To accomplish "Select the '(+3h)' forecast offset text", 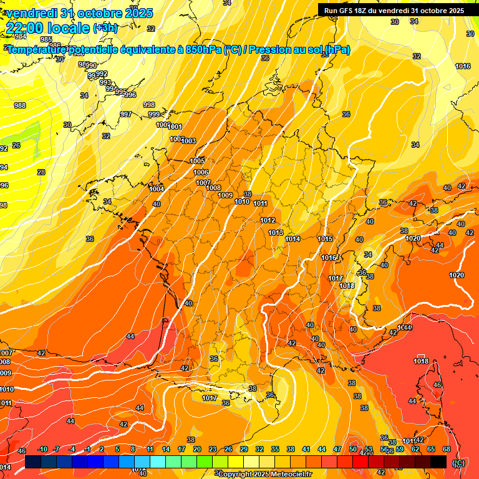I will (x=105, y=27).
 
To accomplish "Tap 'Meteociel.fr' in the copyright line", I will (x=289, y=474).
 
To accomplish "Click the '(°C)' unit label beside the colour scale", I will (x=458, y=463).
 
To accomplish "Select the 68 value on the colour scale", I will (x=447, y=449).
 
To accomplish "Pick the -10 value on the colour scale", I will (x=43, y=449).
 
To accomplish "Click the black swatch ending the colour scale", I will (x=438, y=462).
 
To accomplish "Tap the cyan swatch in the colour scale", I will (x=158, y=462).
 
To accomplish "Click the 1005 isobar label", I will (x=197, y=161).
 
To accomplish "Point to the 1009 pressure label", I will (x=226, y=195).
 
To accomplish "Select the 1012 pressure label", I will (x=268, y=220).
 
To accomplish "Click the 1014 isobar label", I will (x=293, y=239).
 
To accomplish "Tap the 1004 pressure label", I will (x=157, y=189).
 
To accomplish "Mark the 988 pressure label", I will (x=20, y=105).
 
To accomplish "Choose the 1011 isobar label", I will (x=261, y=203).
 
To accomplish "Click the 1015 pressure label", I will (x=325, y=239).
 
